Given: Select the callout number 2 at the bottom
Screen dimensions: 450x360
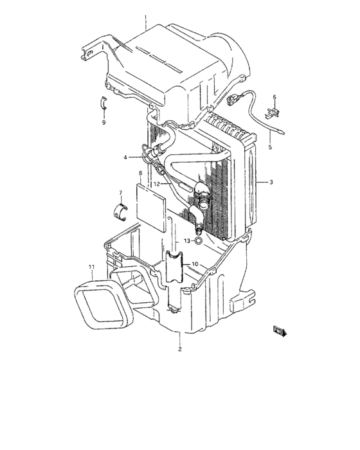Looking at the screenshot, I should (180, 349).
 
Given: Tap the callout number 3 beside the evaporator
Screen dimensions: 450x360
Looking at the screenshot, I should (271, 183).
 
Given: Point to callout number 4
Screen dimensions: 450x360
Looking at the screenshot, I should (126, 157).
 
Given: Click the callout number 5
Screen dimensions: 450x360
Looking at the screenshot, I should (270, 147).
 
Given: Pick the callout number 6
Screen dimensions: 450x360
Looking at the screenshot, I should (273, 98).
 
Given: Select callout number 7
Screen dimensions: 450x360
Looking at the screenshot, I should (120, 193).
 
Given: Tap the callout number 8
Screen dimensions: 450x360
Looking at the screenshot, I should (139, 174).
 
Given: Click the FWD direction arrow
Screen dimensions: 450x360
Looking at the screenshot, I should (280, 331).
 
